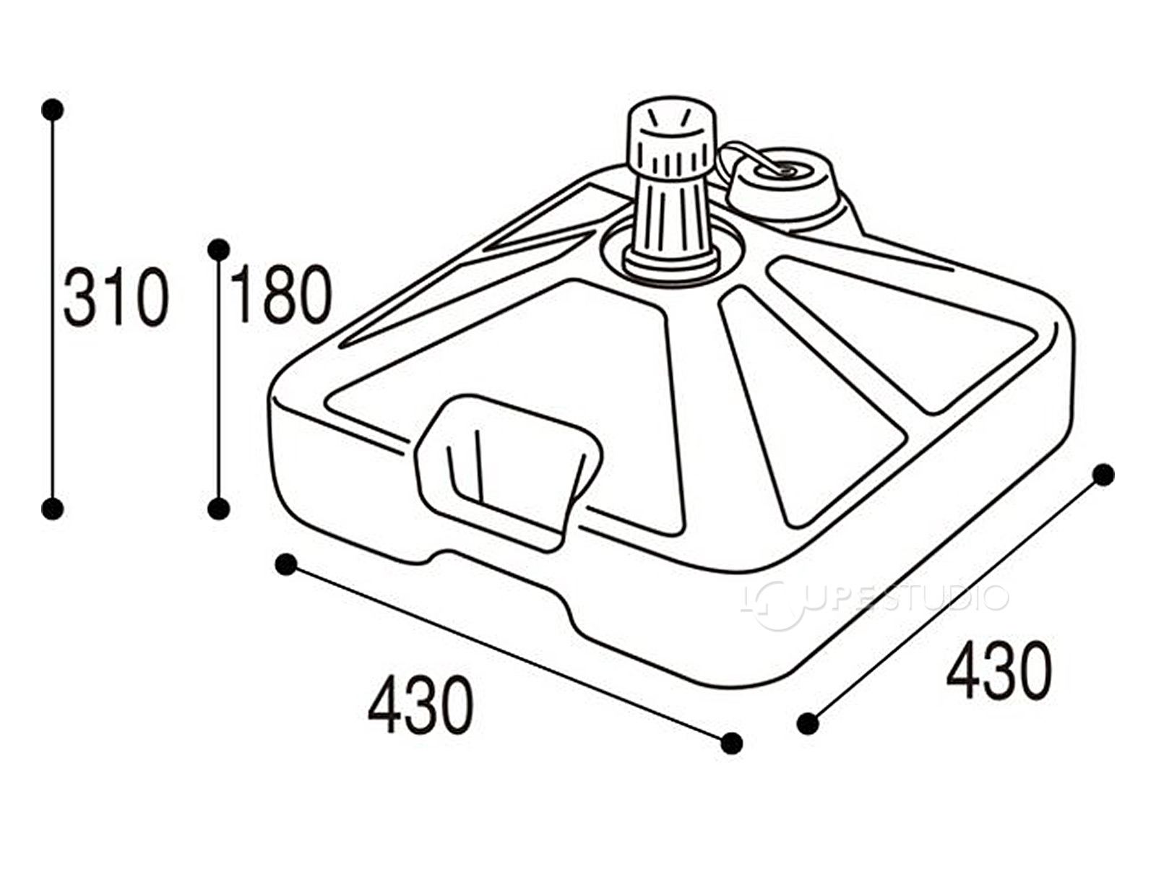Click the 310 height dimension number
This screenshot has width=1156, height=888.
click(x=116, y=296)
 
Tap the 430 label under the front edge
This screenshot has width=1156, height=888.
click(x=420, y=704)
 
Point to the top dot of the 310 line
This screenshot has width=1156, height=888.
click(x=53, y=110)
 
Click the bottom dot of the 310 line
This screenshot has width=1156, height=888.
click(x=53, y=509)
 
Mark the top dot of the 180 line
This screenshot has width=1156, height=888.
click(x=219, y=249)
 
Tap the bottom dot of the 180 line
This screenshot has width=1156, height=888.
click(x=219, y=509)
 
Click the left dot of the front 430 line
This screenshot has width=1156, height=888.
click(x=287, y=564)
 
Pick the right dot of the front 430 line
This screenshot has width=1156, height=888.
click(x=731, y=743)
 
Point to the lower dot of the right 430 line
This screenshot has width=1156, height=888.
click(x=808, y=723)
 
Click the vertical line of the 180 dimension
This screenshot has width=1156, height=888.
click(x=219, y=379)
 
